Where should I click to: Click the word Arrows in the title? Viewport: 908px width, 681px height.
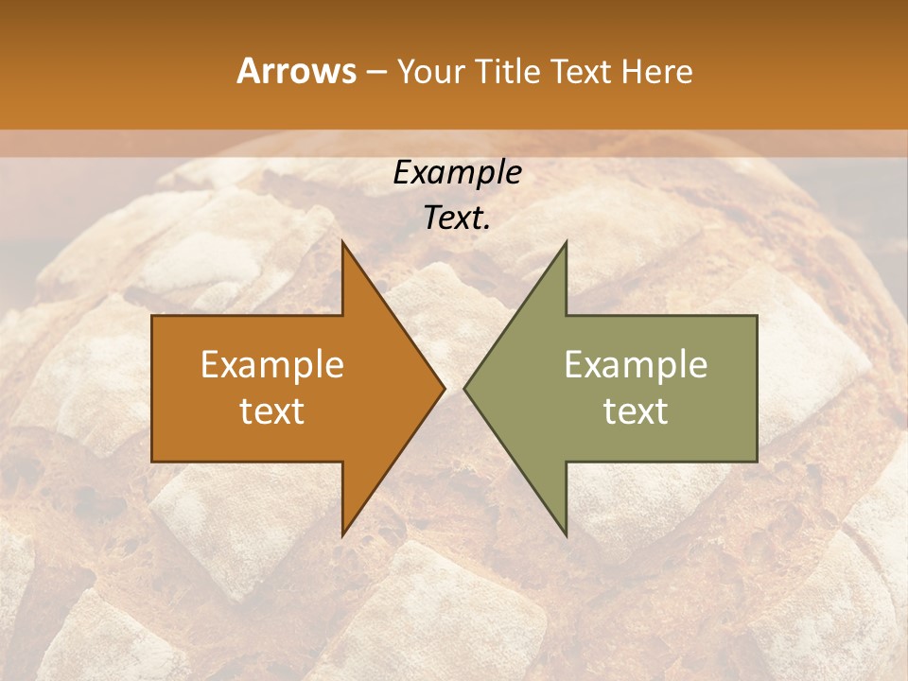click(296, 71)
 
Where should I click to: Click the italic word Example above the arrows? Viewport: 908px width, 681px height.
click(458, 172)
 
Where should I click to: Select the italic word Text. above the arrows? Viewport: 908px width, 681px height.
click(458, 218)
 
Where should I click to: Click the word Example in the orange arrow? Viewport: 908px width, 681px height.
click(272, 364)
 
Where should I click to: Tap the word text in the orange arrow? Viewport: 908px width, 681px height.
click(272, 410)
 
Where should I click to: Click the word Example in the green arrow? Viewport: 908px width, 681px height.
click(636, 364)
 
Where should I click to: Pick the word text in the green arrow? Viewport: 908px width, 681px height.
click(636, 410)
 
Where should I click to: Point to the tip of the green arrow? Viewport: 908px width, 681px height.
click(465, 388)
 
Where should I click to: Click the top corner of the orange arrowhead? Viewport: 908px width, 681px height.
click(343, 243)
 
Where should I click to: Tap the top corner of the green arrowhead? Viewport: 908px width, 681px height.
click(565, 243)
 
